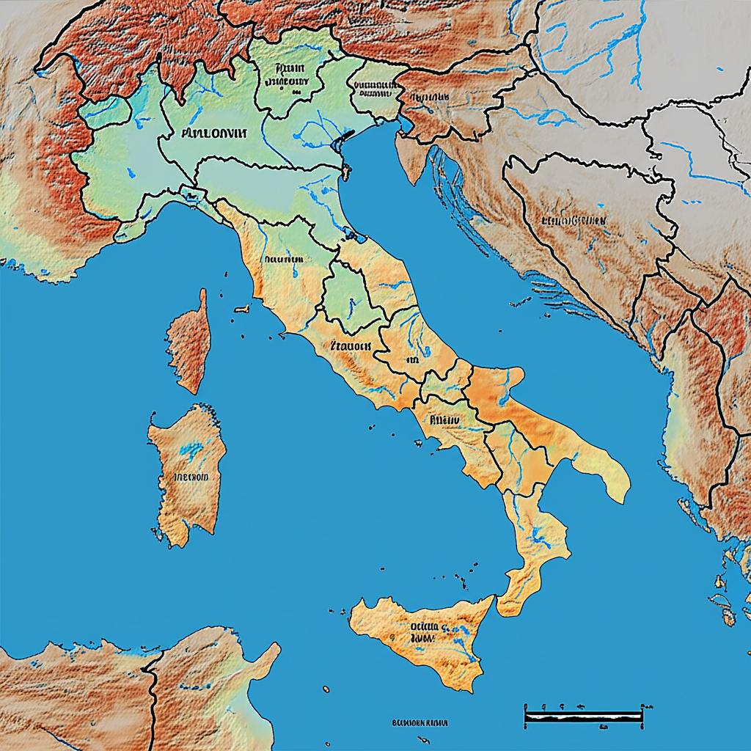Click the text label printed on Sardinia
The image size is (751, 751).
click(190, 477)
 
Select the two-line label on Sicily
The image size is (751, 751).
click(424, 632)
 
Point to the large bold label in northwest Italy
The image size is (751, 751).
click(214, 133)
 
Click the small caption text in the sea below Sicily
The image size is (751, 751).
click(420, 722)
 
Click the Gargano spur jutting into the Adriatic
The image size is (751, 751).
click(506, 377)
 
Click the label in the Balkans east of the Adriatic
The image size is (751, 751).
click(573, 220)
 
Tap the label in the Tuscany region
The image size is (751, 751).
click(284, 259)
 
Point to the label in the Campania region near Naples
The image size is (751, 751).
click(444, 420)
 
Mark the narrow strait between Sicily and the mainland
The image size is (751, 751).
click(497, 600)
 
